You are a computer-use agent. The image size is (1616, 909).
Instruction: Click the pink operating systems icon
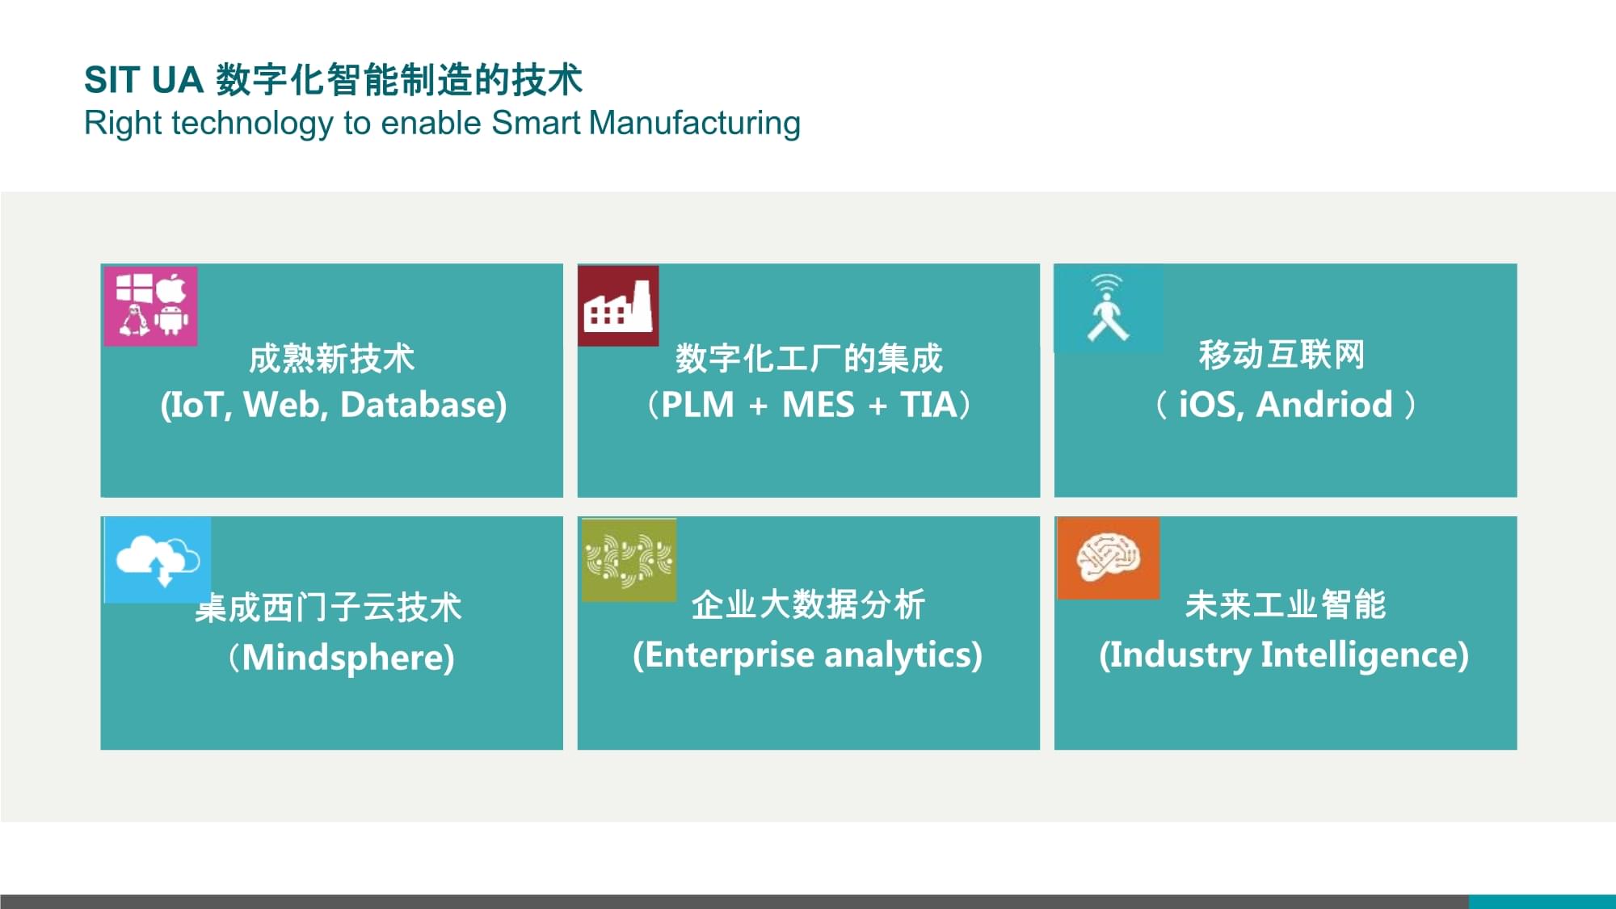tap(151, 306)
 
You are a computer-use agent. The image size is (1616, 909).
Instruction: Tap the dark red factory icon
tap(618, 305)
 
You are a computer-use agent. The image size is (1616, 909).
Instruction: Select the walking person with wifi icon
tap(1109, 308)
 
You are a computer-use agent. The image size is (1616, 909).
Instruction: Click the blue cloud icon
tap(158, 560)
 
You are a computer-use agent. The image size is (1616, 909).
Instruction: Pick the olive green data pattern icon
tap(629, 560)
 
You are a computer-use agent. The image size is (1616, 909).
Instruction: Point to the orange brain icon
tap(1109, 558)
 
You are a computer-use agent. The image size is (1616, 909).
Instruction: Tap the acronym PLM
tap(697, 405)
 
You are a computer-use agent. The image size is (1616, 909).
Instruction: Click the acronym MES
tap(818, 405)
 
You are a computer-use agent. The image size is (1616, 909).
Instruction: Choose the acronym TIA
tap(928, 405)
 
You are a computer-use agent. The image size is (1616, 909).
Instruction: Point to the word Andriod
tap(1325, 405)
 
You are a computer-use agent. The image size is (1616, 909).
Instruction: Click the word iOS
tap(1210, 405)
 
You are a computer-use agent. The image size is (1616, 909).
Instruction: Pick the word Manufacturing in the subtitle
tap(695, 124)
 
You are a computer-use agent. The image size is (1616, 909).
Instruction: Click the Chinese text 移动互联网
tap(1282, 355)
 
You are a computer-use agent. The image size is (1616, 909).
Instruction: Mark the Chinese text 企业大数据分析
tap(808, 604)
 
